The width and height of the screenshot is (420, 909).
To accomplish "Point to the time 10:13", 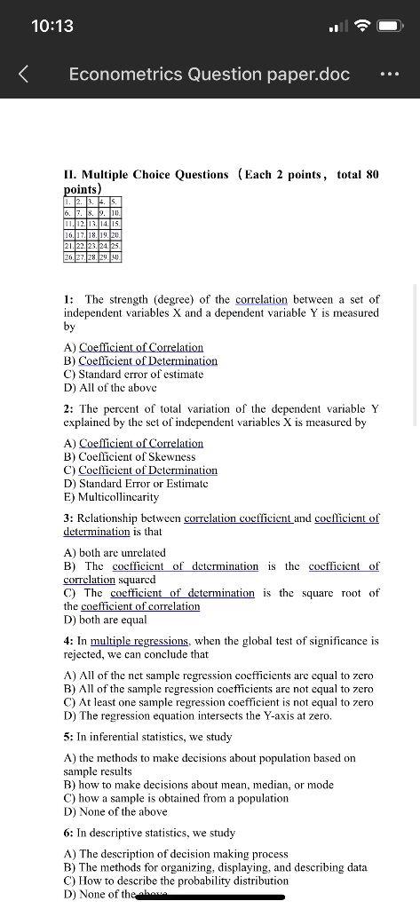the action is (52, 26).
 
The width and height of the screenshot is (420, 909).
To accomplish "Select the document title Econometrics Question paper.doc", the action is (210, 74).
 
